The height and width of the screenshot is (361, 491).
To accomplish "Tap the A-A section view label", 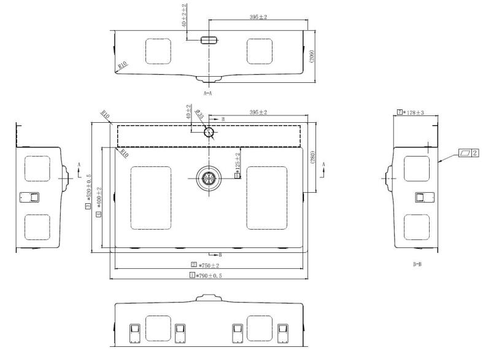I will pyautogui.click(x=207, y=93).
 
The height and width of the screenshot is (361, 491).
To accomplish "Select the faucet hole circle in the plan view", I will pyautogui.click(x=209, y=131).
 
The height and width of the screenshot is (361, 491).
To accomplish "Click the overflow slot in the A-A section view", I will pyautogui.click(x=209, y=40).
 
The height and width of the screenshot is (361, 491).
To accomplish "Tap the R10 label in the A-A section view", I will pyautogui.click(x=123, y=64).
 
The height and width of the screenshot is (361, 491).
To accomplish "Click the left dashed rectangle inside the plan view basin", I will pyautogui.click(x=151, y=198).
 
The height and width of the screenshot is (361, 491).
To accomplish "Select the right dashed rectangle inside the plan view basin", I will pyautogui.click(x=266, y=198).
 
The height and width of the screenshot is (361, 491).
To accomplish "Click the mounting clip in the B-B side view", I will pyautogui.click(x=420, y=197).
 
